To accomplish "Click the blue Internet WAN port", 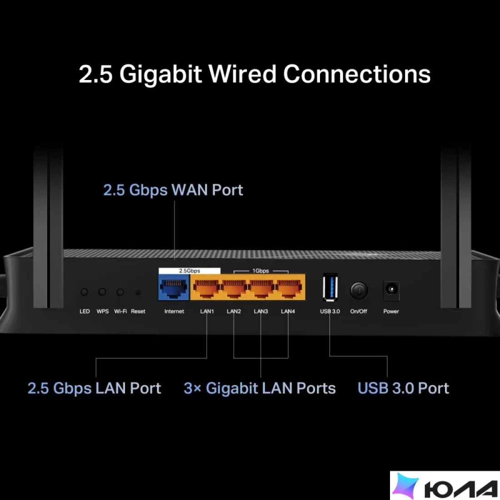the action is click(x=174, y=287).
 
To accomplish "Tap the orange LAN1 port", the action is click(x=206, y=287).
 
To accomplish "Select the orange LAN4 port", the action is click(x=289, y=287).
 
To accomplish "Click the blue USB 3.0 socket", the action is click(x=330, y=287).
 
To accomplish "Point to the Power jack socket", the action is click(x=391, y=290).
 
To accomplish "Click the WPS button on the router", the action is click(x=102, y=292).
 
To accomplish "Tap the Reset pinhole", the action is click(x=138, y=292).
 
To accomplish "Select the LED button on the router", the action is click(x=84, y=292).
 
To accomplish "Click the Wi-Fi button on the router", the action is click(x=120, y=292).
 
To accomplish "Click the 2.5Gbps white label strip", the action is click(x=190, y=271).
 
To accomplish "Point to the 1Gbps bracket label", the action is click(x=261, y=271).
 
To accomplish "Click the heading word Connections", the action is click(x=357, y=74).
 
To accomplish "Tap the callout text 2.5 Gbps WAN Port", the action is click(x=173, y=190).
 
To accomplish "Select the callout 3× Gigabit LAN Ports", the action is click(x=260, y=388).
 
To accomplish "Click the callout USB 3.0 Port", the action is click(x=403, y=388).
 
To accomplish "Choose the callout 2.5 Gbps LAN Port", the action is click(x=94, y=388).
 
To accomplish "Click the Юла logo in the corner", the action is click(x=445, y=485).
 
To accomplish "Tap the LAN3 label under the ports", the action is click(x=261, y=311).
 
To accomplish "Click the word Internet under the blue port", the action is click(x=174, y=311).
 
